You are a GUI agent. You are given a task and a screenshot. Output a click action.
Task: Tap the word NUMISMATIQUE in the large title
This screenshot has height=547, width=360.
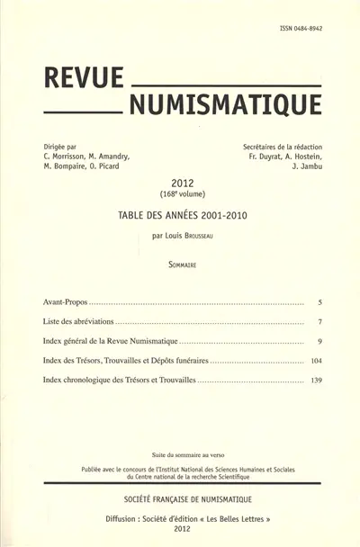[224, 106]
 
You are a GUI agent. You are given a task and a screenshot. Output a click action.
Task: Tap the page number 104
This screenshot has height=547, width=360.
[316, 362]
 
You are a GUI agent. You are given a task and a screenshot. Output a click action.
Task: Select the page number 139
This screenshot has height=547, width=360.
[316, 381]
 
